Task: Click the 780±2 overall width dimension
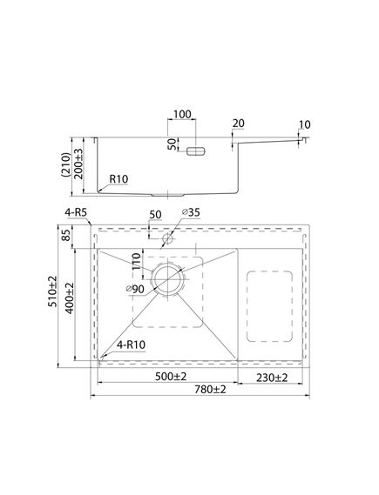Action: point(210,390)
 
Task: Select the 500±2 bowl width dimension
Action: point(171,377)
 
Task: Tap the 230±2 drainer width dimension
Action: point(272,378)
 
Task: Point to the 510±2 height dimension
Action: point(52,291)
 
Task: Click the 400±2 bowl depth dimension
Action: point(69,298)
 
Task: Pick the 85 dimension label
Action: point(66,235)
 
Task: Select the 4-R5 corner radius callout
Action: point(76,212)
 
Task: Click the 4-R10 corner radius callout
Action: point(131,344)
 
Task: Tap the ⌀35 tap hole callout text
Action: point(191,212)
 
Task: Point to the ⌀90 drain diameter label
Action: point(135,289)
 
